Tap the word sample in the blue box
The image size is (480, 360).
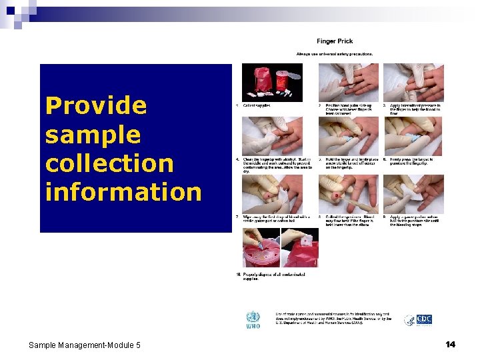93,134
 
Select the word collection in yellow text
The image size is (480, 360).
109,163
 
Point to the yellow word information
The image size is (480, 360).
123,192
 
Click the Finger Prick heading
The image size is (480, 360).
335,41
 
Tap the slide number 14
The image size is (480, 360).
451,344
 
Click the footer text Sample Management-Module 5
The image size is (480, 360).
85,345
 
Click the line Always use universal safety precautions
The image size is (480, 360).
335,54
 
